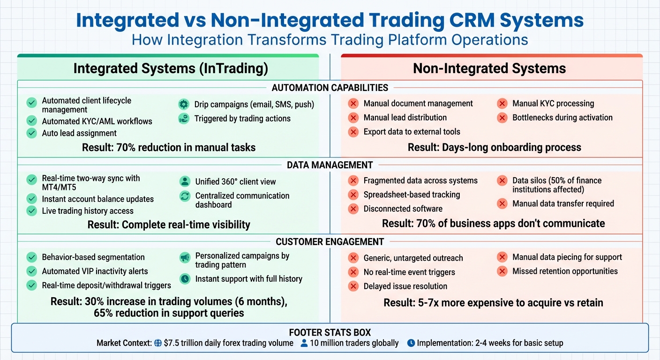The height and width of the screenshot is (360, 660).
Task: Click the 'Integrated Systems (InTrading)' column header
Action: pos(171,68)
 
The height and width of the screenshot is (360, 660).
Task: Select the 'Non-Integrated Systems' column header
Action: pos(489,68)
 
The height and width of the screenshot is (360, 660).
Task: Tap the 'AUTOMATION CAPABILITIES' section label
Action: pos(330,88)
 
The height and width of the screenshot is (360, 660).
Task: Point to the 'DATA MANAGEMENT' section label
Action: pos(330,165)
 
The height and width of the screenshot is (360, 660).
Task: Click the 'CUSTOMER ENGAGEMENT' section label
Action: pos(330,242)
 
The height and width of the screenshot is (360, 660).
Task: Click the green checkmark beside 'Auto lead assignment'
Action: pos(32,133)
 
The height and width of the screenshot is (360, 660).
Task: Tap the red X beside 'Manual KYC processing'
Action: pos(502,104)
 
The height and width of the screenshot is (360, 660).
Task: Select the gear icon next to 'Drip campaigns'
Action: pos(184,105)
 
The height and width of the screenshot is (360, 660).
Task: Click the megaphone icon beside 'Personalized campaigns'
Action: pos(185,257)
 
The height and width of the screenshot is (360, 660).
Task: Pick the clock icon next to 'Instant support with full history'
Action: pos(185,279)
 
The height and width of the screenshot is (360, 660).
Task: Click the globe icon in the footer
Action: pos(158,343)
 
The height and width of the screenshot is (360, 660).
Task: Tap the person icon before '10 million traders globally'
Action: pos(304,343)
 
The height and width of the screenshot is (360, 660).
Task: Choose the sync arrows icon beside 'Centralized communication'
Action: pos(185,196)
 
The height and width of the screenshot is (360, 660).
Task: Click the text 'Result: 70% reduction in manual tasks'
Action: pos(169,148)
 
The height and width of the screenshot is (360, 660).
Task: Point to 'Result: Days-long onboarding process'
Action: pos(494,148)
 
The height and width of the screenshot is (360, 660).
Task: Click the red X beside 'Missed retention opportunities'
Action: pos(502,271)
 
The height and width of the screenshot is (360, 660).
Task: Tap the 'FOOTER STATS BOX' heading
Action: pos(330,333)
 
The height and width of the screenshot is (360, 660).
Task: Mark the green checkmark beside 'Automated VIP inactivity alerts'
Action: pos(32,271)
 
